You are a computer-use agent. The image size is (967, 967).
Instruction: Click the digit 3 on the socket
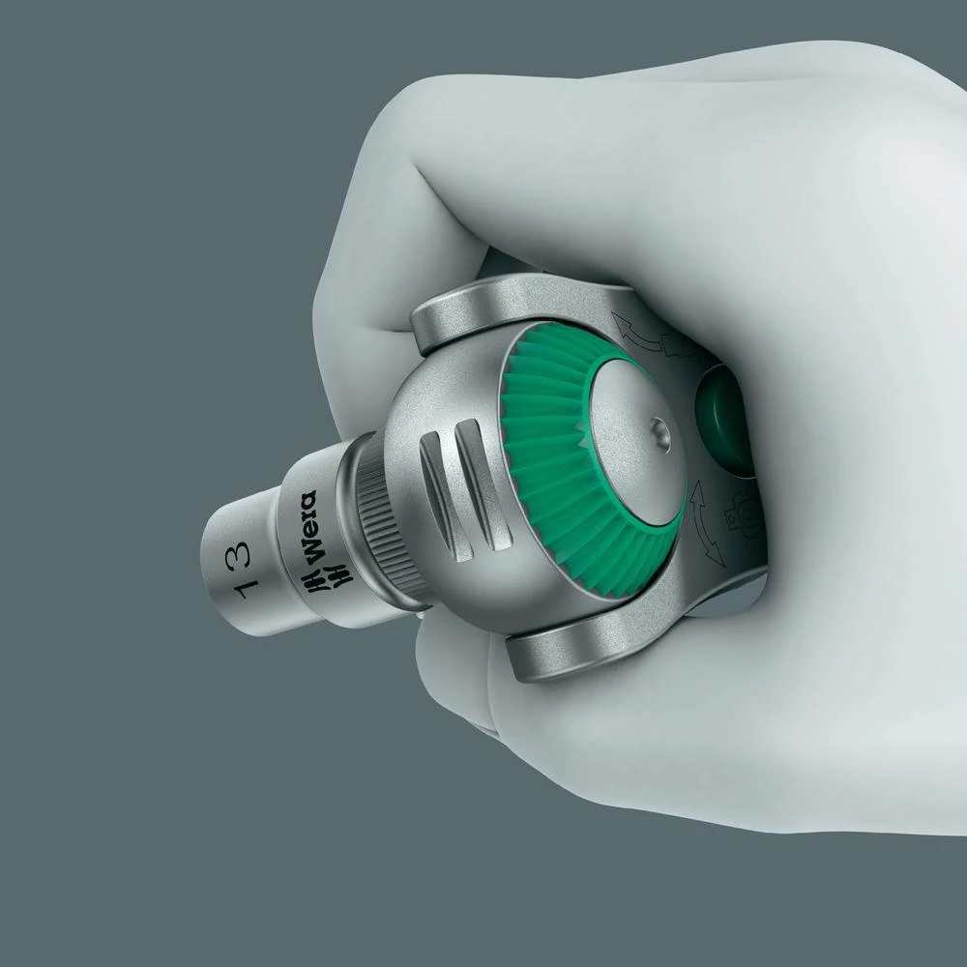click(240, 554)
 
